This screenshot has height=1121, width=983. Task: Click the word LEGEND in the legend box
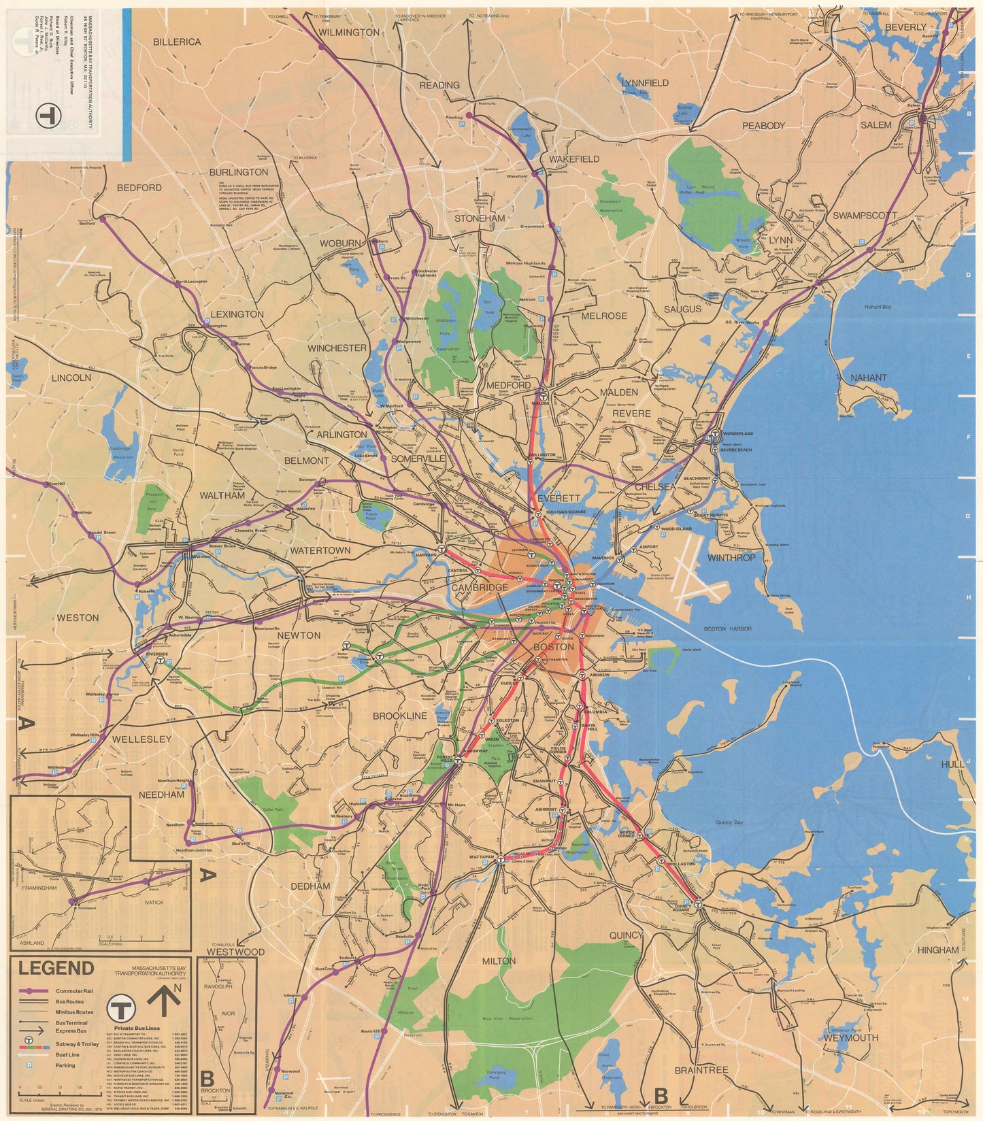click(56, 968)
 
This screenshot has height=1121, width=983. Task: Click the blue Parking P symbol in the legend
click(29, 1065)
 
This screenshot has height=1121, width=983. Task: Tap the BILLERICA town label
click(177, 41)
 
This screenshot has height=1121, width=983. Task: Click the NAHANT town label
click(869, 378)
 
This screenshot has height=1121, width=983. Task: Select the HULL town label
click(952, 765)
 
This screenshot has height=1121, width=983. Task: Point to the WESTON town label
click(78, 618)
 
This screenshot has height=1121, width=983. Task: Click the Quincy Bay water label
click(728, 822)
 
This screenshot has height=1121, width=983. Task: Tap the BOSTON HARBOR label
click(728, 629)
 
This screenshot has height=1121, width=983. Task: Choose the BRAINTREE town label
click(701, 1070)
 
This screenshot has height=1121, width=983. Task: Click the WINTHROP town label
click(731, 558)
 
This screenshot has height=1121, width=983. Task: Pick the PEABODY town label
click(763, 125)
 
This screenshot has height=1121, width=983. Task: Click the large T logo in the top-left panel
click(48, 114)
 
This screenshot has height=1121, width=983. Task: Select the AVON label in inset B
click(227, 1013)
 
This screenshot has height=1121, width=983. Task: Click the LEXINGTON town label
click(237, 314)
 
